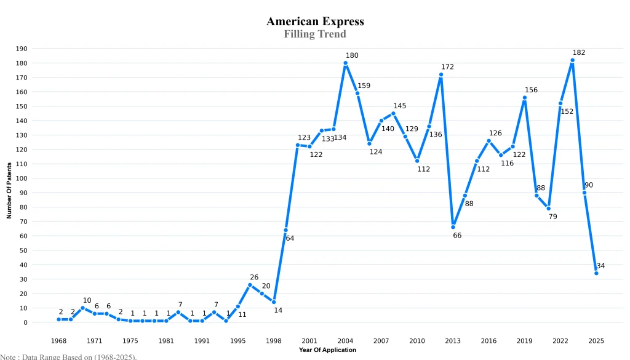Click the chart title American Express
click(315, 22)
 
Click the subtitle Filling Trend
click(315, 34)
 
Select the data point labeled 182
click(572, 60)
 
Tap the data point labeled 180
click(346, 63)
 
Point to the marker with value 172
click(441, 74)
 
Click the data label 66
click(457, 236)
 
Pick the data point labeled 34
click(596, 273)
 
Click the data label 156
click(531, 90)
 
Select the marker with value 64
click(285, 230)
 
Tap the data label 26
click(254, 278)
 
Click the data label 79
click(552, 217)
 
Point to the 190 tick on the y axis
click(22, 49)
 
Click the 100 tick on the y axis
click(22, 178)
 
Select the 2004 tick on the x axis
click(346, 341)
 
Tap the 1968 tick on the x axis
click(59, 341)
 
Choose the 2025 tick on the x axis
click(596, 341)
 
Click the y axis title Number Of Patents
click(9, 191)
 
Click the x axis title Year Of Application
click(327, 350)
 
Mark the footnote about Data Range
click(68, 356)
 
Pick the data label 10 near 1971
click(87, 301)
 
